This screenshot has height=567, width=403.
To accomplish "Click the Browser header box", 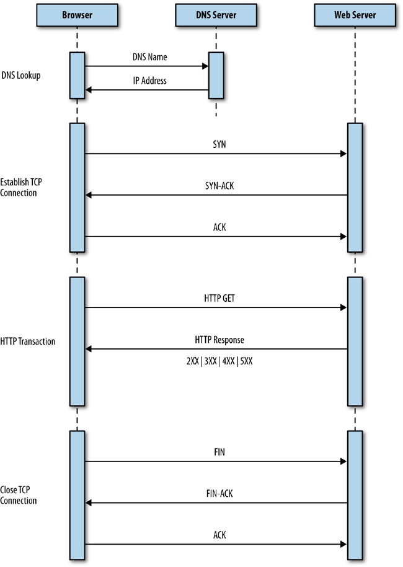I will pyautogui.click(x=77, y=15).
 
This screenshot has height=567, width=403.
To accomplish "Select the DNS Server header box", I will pyautogui.click(x=215, y=15).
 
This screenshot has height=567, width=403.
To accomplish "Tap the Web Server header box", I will pyautogui.click(x=354, y=15).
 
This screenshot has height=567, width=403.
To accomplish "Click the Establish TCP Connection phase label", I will pyautogui.click(x=24, y=188).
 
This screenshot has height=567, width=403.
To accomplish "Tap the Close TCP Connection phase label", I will pyautogui.click(x=19, y=496).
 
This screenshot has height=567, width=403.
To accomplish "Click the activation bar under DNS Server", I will pyautogui.click(x=215, y=75).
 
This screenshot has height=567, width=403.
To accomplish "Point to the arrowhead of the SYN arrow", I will pyautogui.click(x=343, y=153).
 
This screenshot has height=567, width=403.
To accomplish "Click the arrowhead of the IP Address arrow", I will pyautogui.click(x=89, y=90).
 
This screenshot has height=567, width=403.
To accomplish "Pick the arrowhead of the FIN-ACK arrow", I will pyautogui.click(x=89, y=503).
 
